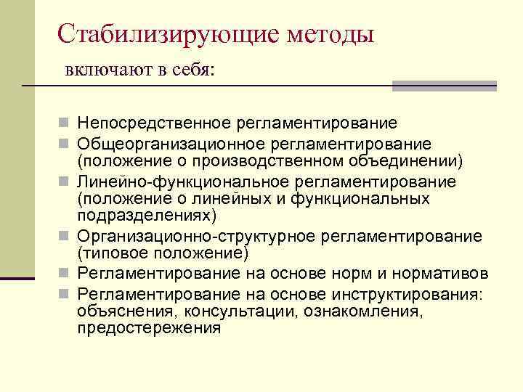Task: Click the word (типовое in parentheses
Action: tap(110, 253)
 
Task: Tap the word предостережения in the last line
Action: tap(149, 327)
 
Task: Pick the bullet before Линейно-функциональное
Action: tap(65, 182)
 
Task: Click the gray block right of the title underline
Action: tap(444, 86)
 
